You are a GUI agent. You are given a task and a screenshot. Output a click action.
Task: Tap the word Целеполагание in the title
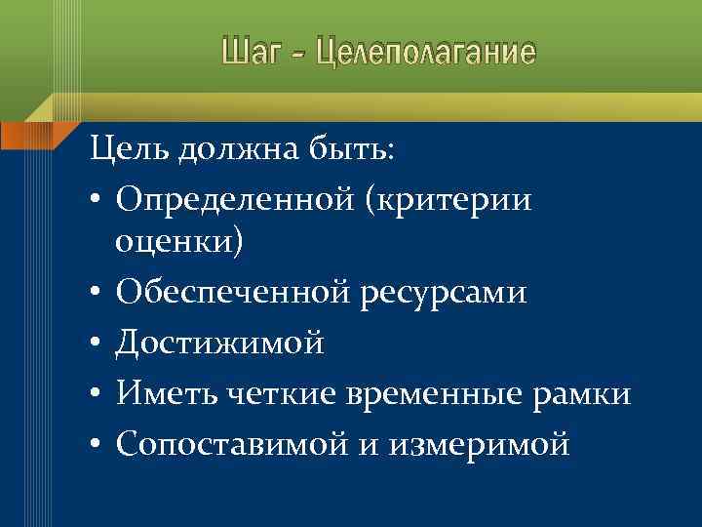[421, 51]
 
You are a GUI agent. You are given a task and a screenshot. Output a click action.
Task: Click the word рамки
[588, 393]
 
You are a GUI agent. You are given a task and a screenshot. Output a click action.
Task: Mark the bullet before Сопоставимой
[99, 445]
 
